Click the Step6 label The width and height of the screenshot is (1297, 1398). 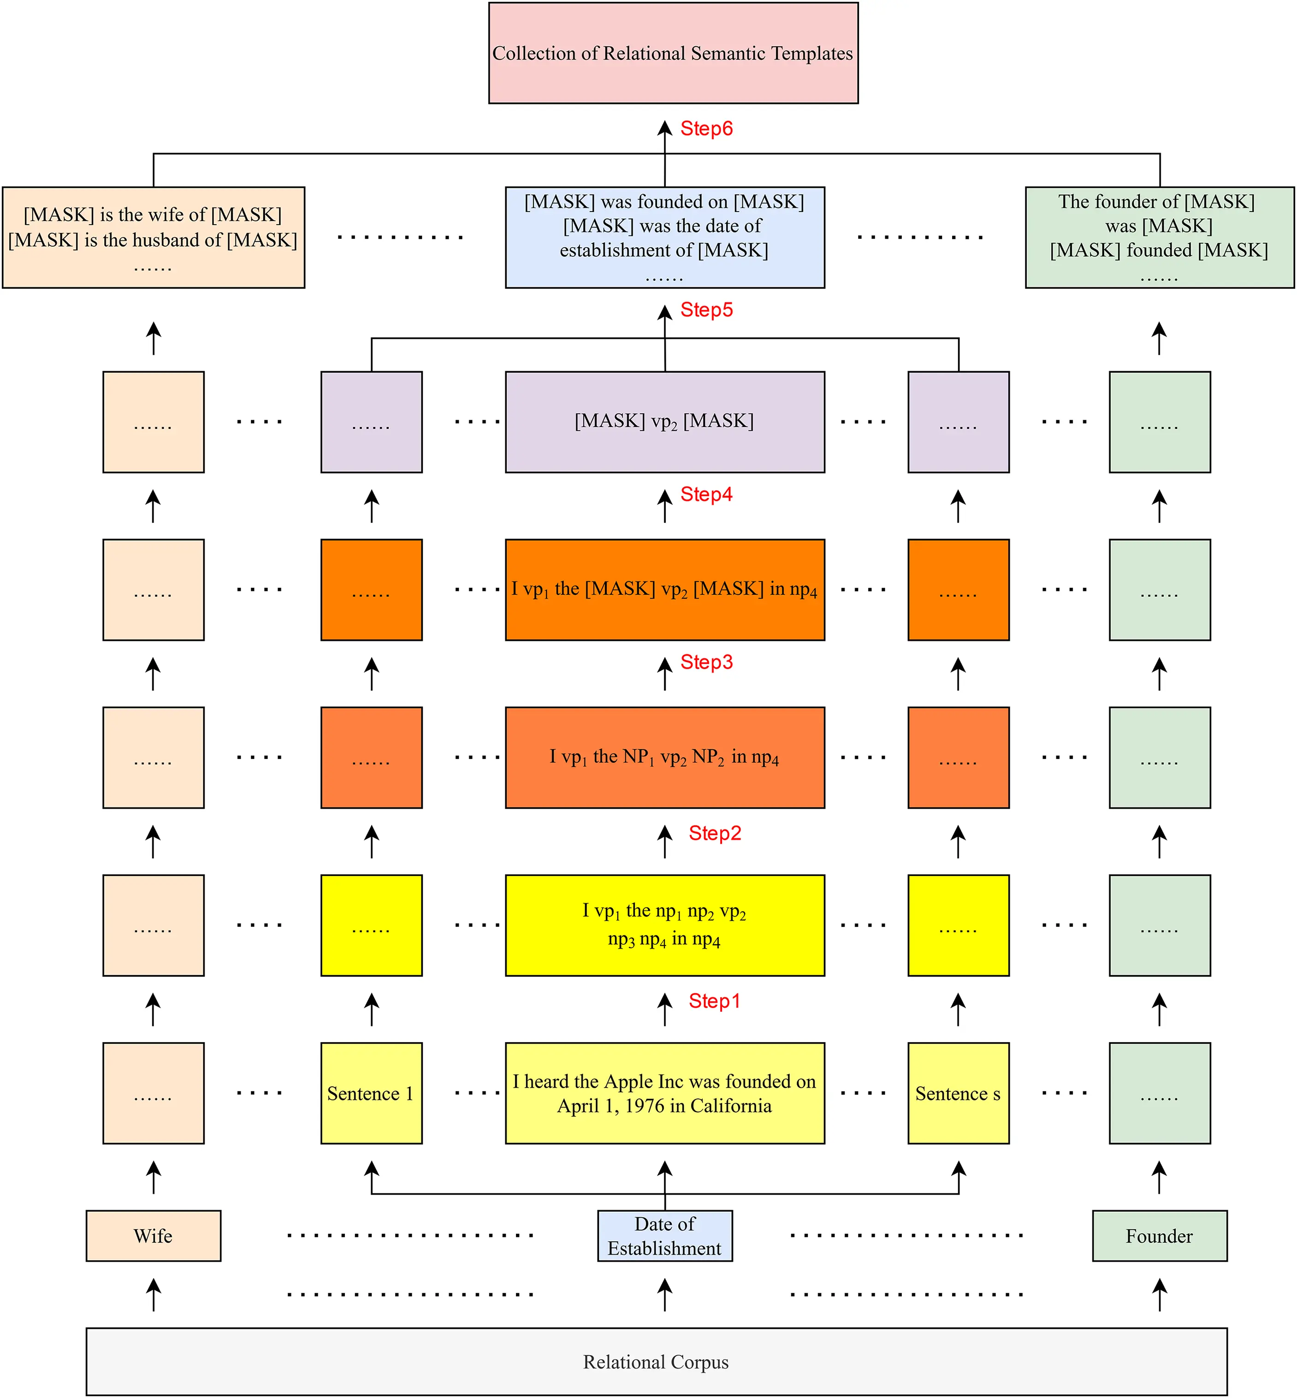tap(706, 129)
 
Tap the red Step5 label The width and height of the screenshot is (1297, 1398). tap(706, 309)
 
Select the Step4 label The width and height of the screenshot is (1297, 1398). tap(706, 494)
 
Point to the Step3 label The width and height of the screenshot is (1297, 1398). tap(706, 662)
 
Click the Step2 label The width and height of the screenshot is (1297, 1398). tap(715, 833)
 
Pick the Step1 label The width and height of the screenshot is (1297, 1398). tap(715, 1001)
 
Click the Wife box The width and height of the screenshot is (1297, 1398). tap(153, 1236)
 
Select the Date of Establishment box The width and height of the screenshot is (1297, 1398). tap(665, 1236)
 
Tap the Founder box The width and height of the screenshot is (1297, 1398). tap(1160, 1236)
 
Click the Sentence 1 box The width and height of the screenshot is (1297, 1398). tap(371, 1093)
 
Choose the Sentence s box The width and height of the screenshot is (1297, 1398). tap(958, 1093)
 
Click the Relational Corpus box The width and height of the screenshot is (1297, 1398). tap(656, 1362)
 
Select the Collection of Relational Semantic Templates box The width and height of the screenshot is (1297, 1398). tap(673, 53)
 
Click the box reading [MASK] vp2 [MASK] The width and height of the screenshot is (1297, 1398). tap(665, 421)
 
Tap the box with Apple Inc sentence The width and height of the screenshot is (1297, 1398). tap(665, 1093)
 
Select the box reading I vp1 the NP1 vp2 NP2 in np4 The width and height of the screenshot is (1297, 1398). tap(665, 757)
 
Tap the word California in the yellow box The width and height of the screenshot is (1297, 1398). tap(731, 1106)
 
